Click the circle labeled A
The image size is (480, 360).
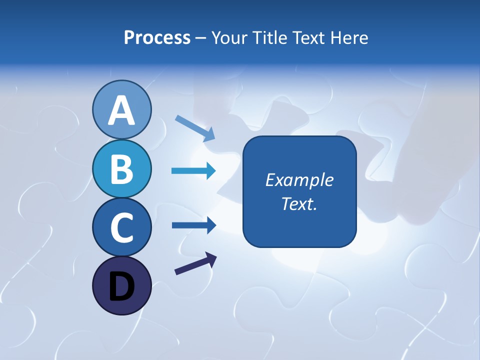(121, 109)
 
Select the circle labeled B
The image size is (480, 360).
(121, 168)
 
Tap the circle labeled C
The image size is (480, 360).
(121, 227)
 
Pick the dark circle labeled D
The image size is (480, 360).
(121, 285)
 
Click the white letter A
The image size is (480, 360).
(121, 110)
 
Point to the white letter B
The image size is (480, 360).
(121, 169)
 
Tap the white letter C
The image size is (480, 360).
(121, 227)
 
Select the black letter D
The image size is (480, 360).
(121, 286)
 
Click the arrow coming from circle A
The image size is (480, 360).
(195, 127)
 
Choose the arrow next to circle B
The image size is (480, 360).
(193, 171)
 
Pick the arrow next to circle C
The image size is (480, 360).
(193, 225)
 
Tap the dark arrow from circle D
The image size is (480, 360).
(195, 263)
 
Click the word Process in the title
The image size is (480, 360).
(157, 38)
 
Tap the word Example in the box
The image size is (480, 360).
(299, 180)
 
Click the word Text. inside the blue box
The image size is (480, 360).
(299, 204)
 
